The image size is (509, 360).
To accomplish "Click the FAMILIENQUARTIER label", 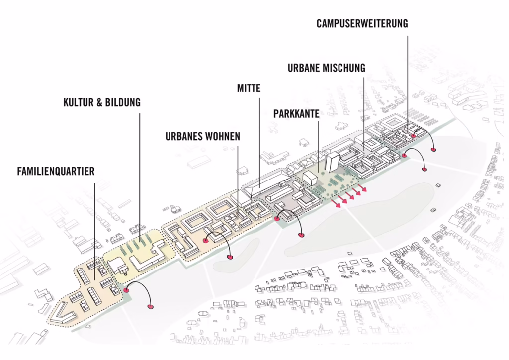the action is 56,171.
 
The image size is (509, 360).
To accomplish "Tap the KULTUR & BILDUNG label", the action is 102,102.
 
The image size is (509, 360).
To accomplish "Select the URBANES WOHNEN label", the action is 203,136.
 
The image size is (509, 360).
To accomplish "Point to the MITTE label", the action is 249,88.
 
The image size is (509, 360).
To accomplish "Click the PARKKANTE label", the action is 296,114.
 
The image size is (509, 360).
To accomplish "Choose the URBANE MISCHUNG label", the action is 327,68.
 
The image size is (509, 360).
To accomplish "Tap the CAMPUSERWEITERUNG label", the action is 362,24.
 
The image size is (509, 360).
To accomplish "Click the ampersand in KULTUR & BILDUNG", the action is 99,102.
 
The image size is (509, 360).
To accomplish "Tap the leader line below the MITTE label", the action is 259,143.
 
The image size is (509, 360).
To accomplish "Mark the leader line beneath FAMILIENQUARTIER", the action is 94,232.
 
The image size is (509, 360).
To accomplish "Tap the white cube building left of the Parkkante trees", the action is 310,179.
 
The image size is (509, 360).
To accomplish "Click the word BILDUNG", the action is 122,102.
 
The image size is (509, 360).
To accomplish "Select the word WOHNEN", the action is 224,136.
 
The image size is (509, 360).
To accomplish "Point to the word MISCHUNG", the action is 345,68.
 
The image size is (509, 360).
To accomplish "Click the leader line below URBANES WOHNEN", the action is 238,182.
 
